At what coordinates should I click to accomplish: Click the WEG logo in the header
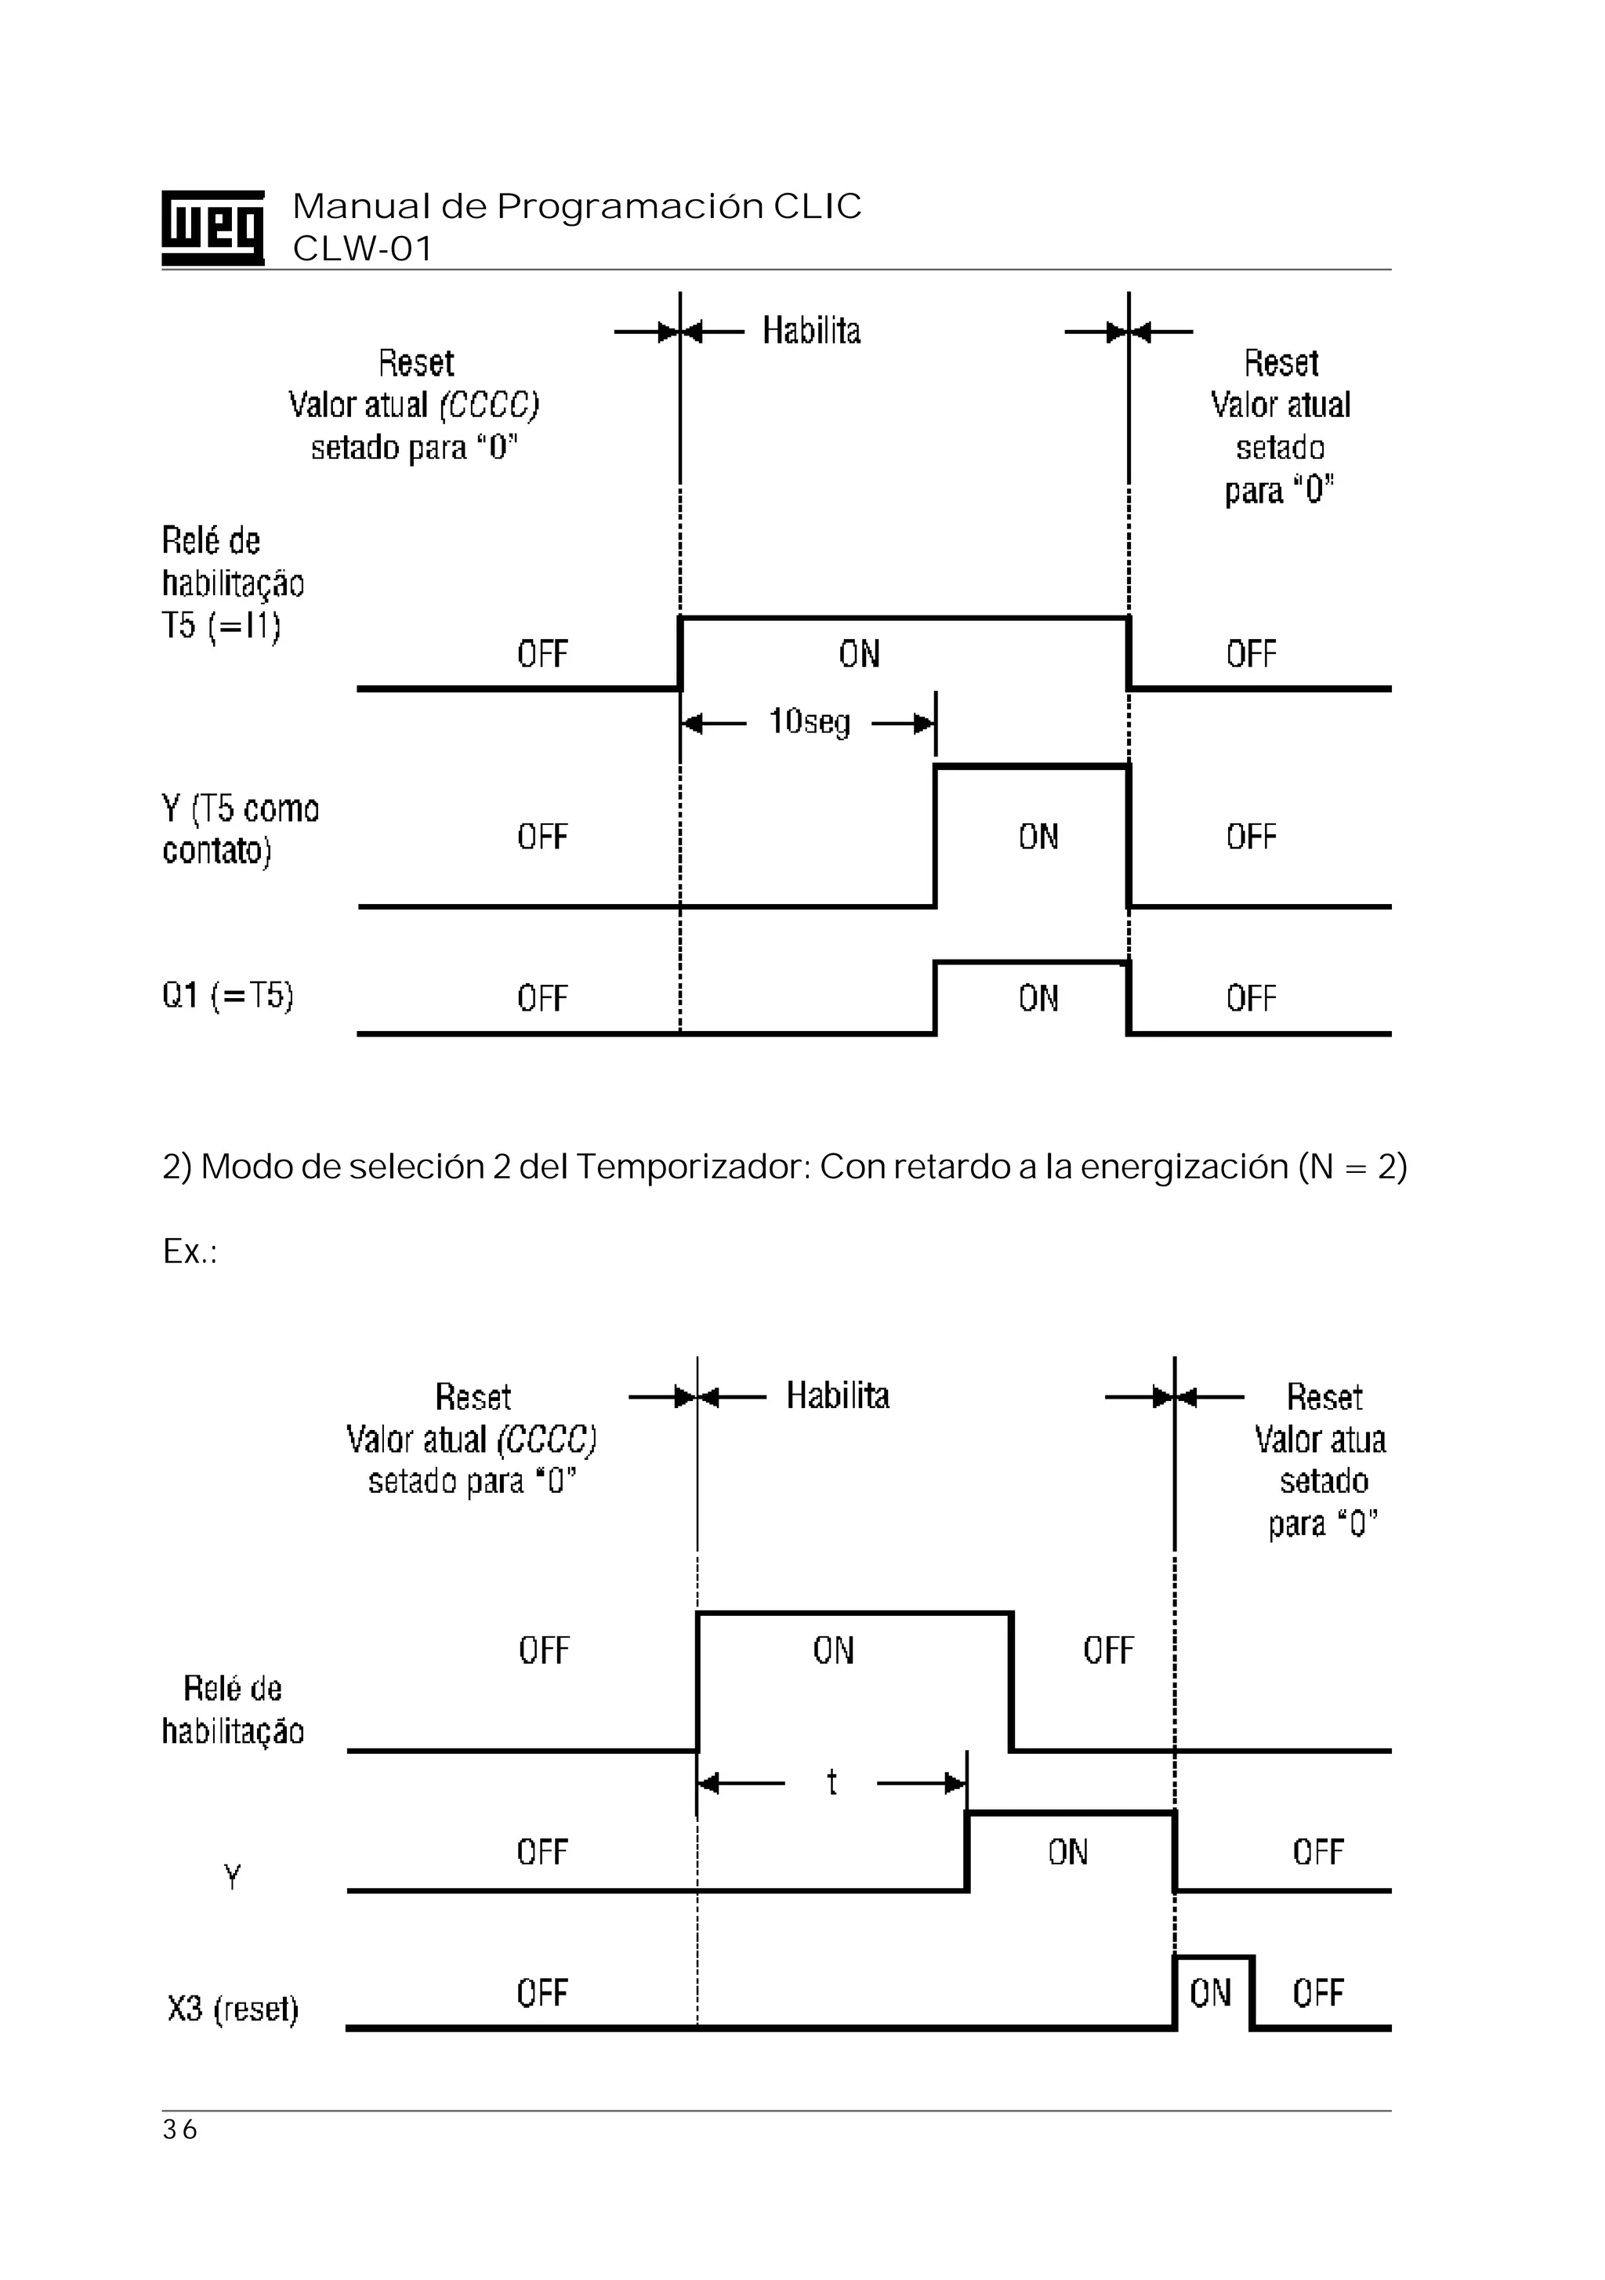click(x=212, y=227)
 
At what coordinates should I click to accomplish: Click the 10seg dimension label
click(x=809, y=722)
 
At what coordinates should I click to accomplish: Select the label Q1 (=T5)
click(x=227, y=995)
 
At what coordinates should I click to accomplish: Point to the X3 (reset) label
click(x=232, y=2008)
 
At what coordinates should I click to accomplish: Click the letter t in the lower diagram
click(x=831, y=1782)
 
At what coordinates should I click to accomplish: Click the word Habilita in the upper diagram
click(x=811, y=331)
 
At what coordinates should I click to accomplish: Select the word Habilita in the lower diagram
click(x=838, y=1396)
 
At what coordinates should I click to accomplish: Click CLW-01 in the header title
click(x=362, y=249)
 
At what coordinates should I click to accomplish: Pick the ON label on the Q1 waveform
click(x=1038, y=998)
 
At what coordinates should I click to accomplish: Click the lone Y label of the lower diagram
click(x=232, y=1877)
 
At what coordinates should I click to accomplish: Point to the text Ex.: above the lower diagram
click(x=190, y=1251)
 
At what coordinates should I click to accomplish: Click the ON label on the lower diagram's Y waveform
click(x=1068, y=1852)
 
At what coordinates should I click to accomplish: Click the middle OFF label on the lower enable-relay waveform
click(x=1107, y=1650)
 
